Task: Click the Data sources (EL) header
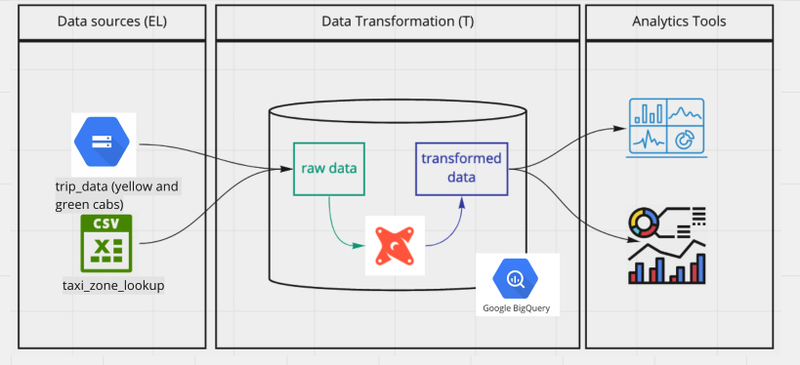coord(110,20)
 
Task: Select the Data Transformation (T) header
coord(398,20)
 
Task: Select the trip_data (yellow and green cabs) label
coord(117,195)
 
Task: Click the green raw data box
coord(328,168)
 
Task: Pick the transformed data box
coord(461,168)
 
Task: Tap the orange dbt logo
coord(395,245)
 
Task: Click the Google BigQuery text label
coord(516,308)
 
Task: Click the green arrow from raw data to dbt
coord(337,224)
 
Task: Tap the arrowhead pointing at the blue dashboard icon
coord(622,128)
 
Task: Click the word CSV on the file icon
coord(105,224)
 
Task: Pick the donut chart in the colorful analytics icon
coord(645,222)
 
